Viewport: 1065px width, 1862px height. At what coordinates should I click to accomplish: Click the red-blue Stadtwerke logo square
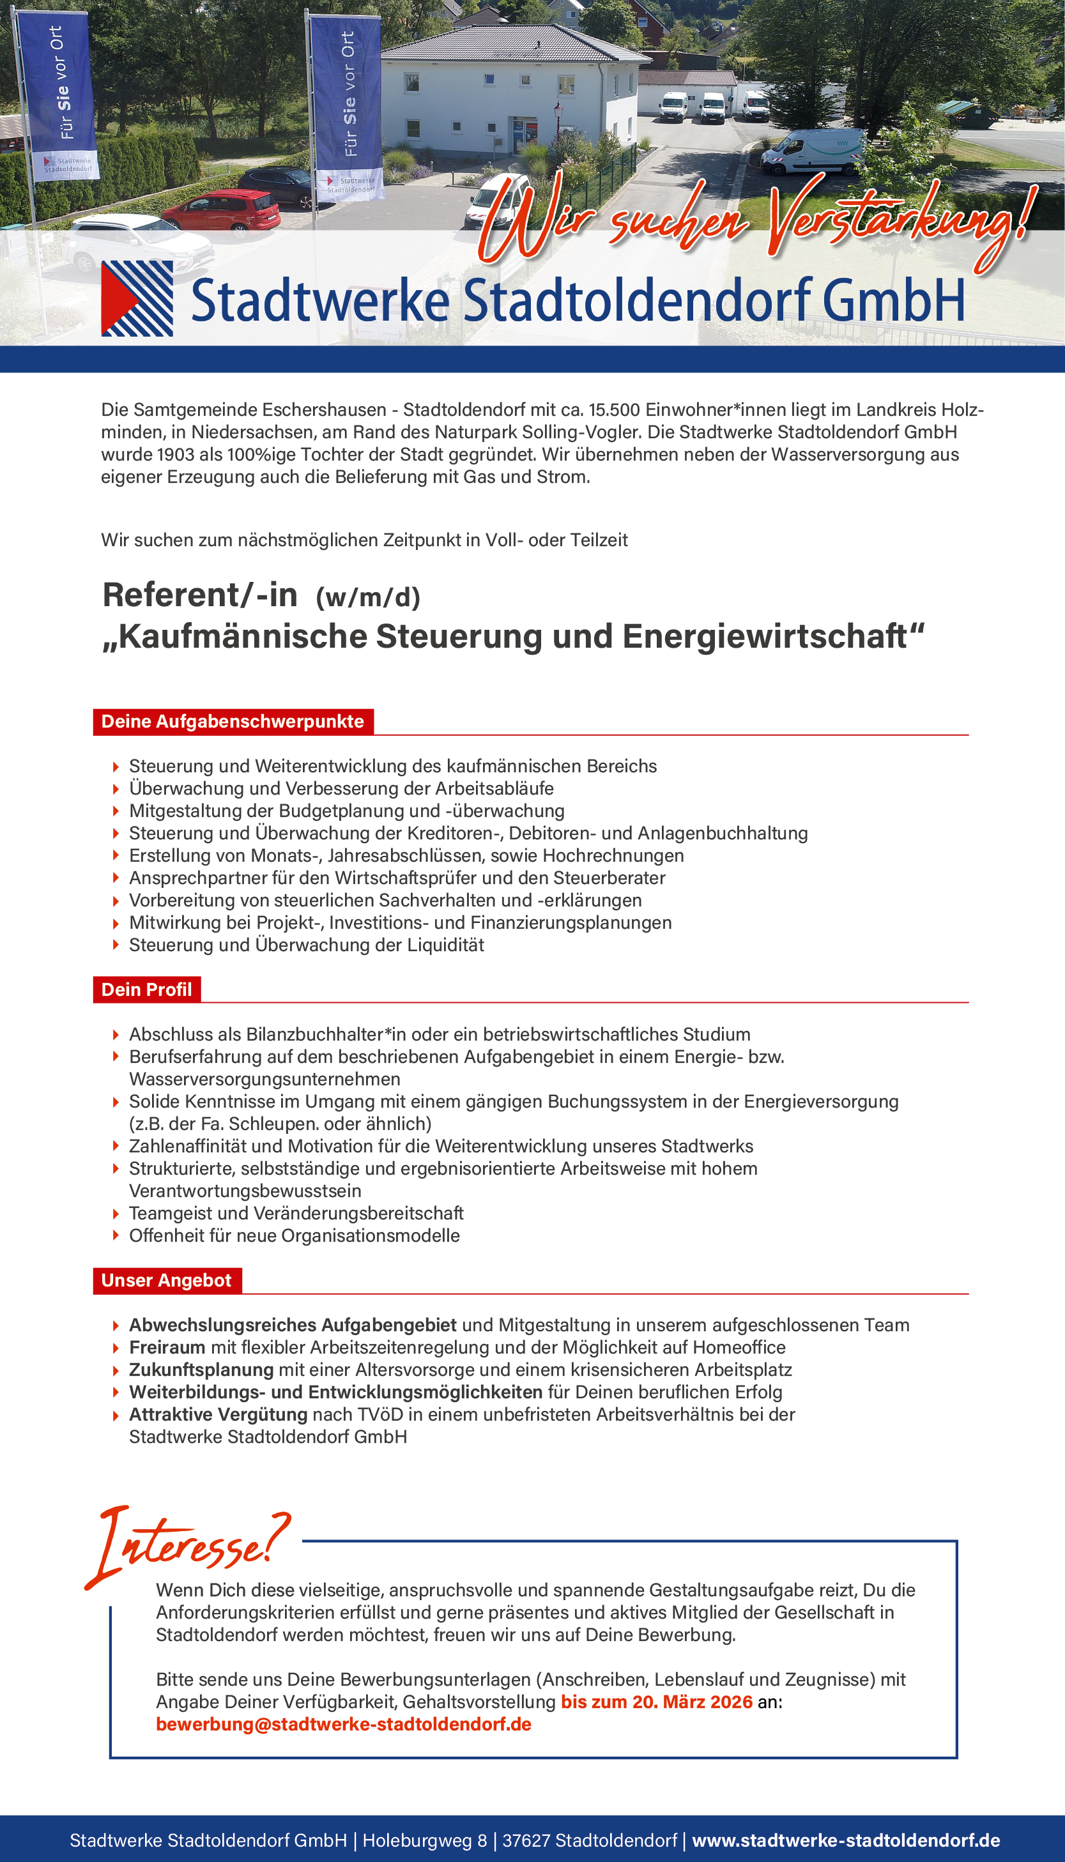coord(137,298)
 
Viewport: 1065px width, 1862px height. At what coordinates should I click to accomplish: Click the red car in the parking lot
coord(221,209)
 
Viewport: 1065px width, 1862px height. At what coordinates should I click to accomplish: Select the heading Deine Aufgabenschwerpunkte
coord(233,721)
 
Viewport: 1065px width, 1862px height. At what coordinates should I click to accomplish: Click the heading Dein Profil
coord(146,989)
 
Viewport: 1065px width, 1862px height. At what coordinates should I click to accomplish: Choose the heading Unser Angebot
coord(166,1280)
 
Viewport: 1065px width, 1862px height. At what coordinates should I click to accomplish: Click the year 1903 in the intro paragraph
coord(175,454)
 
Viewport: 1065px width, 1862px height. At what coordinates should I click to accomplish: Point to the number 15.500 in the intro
coord(614,409)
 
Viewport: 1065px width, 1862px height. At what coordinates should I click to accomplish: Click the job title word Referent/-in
coord(200,595)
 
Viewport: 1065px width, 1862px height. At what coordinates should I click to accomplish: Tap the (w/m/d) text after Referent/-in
coord(368,597)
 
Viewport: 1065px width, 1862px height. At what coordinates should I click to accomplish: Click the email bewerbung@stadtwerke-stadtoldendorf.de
coord(343,1724)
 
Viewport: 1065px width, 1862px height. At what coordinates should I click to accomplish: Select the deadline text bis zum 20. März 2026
coord(656,1701)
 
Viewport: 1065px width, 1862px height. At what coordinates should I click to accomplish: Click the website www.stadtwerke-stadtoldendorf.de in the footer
coord(846,1840)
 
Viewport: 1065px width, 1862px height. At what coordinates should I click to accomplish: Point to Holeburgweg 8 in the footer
coord(424,1840)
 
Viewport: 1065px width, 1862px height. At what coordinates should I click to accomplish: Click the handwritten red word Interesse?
coord(190,1545)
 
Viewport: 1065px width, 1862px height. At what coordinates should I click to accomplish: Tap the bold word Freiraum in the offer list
coord(167,1347)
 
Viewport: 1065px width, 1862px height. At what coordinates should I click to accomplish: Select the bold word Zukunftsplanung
coord(201,1369)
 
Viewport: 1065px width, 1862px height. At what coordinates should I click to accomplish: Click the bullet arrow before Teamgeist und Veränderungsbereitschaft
coord(116,1214)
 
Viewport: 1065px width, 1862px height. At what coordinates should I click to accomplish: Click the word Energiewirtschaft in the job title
coord(773,636)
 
